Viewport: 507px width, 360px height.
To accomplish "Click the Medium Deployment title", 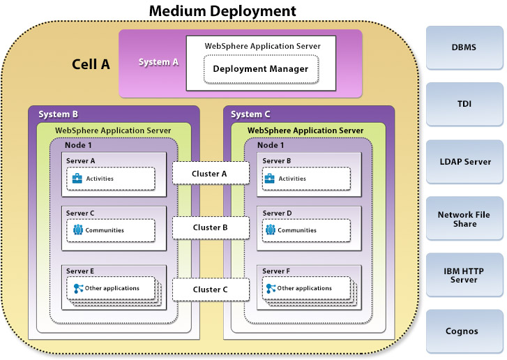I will [222, 11].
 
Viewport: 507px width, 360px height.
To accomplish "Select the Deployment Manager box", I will [261, 68].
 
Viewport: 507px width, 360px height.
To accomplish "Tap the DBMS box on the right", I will [464, 47].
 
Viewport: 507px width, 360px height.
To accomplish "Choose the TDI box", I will [464, 104].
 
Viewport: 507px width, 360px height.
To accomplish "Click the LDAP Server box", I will [464, 161].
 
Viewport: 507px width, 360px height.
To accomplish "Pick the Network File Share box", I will [464, 219].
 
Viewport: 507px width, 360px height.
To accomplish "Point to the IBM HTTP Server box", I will [464, 275].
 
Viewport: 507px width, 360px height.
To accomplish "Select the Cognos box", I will [464, 331].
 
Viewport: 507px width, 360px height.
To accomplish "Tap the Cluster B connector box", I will [211, 227].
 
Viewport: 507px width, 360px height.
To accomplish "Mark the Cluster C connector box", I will [211, 289].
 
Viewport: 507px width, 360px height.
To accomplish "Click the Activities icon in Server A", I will [78, 179].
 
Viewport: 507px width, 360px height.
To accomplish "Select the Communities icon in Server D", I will [271, 230].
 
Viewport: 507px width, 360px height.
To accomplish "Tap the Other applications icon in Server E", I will [78, 288].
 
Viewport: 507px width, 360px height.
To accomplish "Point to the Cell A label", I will [91, 64].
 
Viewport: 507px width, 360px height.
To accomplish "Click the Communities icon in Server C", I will [78, 230].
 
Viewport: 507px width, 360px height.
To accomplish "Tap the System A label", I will [158, 62].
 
